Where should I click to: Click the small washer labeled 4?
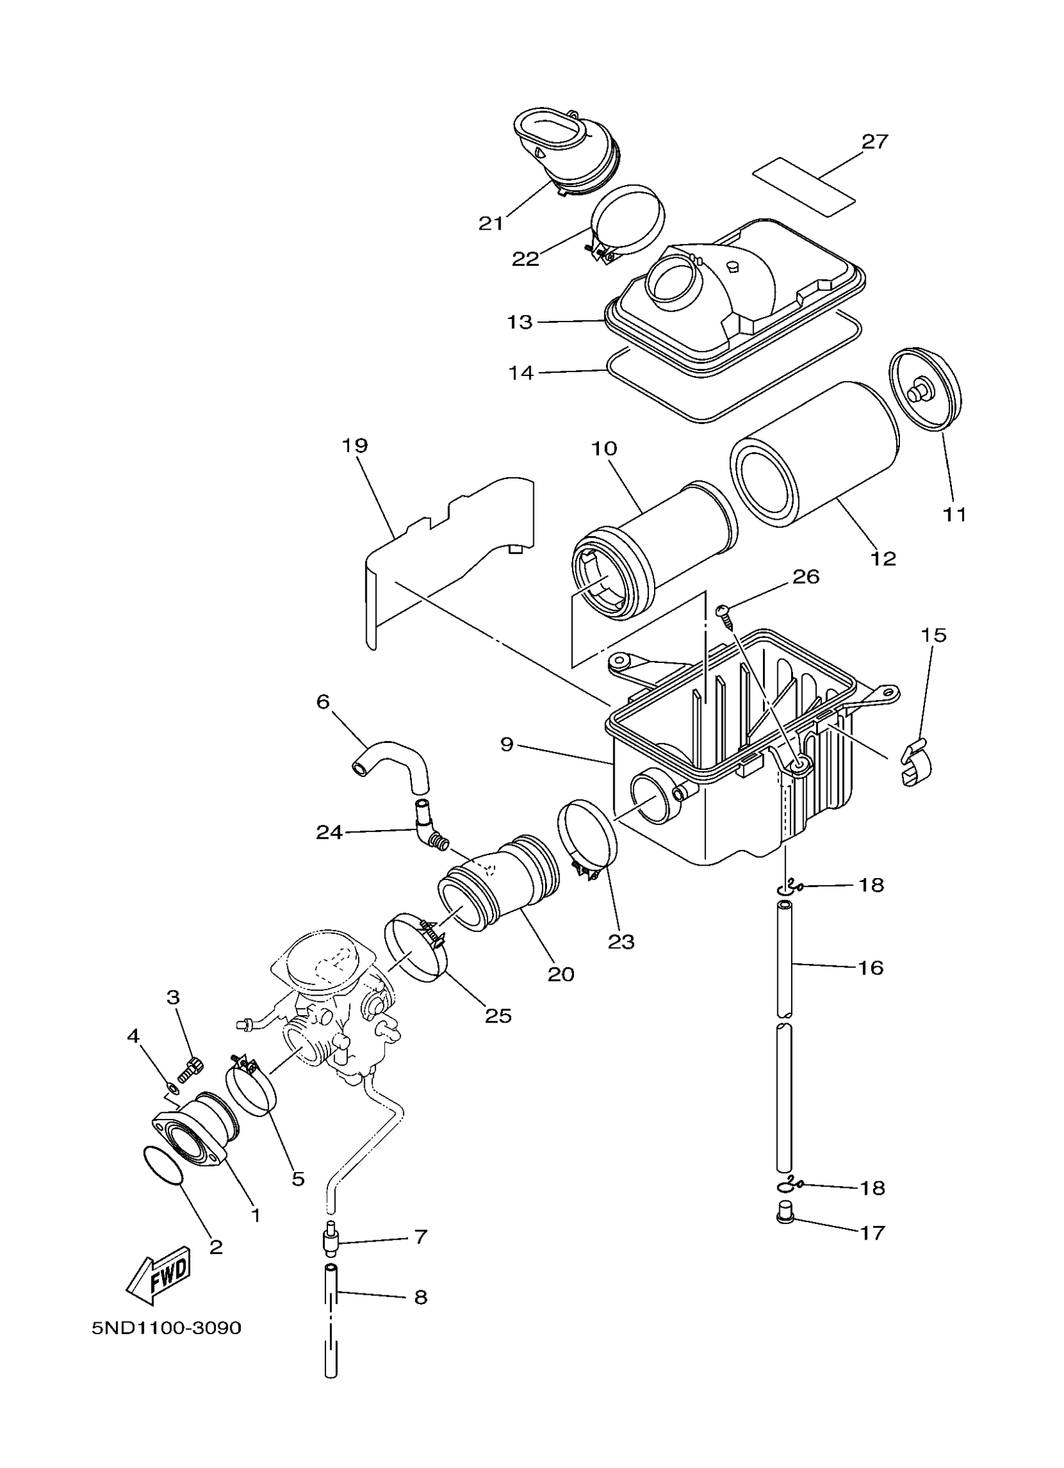168,1085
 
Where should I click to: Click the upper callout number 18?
872,885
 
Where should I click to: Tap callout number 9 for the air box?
507,745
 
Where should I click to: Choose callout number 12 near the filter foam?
884,558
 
